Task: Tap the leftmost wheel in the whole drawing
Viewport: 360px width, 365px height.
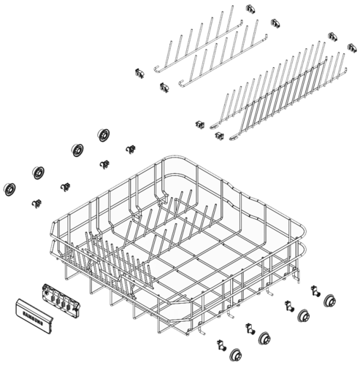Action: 10,188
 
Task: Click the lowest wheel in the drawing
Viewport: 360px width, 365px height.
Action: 235,354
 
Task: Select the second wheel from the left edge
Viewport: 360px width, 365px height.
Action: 38,173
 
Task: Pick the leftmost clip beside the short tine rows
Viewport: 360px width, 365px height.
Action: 137,73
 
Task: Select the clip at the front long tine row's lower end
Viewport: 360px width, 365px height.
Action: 218,135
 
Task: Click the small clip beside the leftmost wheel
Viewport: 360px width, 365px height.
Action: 35,202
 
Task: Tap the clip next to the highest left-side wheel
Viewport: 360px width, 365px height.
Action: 131,150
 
